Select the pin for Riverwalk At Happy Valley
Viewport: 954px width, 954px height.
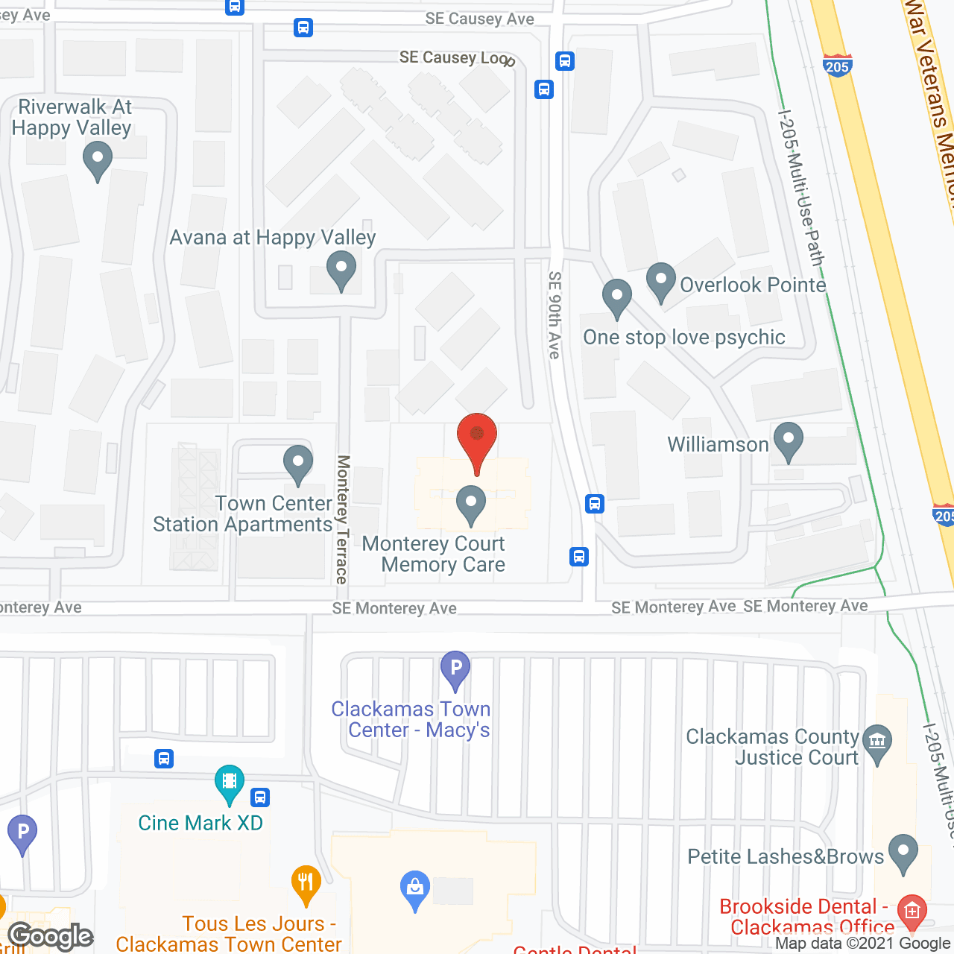(97, 159)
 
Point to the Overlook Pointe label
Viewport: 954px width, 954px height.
(753, 285)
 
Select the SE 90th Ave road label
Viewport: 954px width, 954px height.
(554, 315)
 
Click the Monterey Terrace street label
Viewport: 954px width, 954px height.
(342, 519)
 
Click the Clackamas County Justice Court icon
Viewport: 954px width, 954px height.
(877, 742)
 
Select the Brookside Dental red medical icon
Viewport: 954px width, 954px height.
(912, 910)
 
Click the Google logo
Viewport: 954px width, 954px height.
(51, 936)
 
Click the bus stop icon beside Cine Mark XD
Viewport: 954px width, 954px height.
(260, 797)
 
